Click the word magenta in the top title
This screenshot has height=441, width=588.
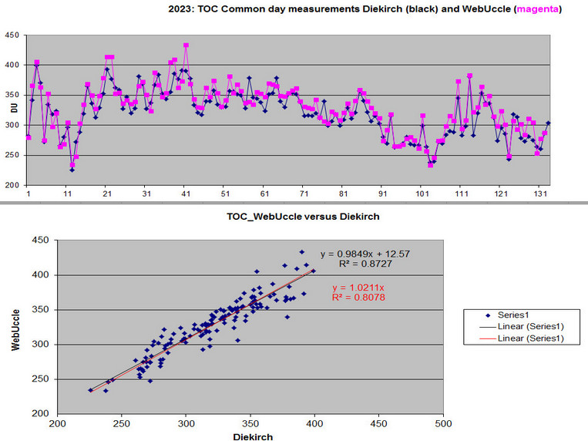[x=537, y=10]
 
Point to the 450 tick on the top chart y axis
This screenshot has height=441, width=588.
[x=12, y=35]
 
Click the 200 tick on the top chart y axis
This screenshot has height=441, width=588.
[x=12, y=186]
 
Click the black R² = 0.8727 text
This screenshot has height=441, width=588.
[x=361, y=264]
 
